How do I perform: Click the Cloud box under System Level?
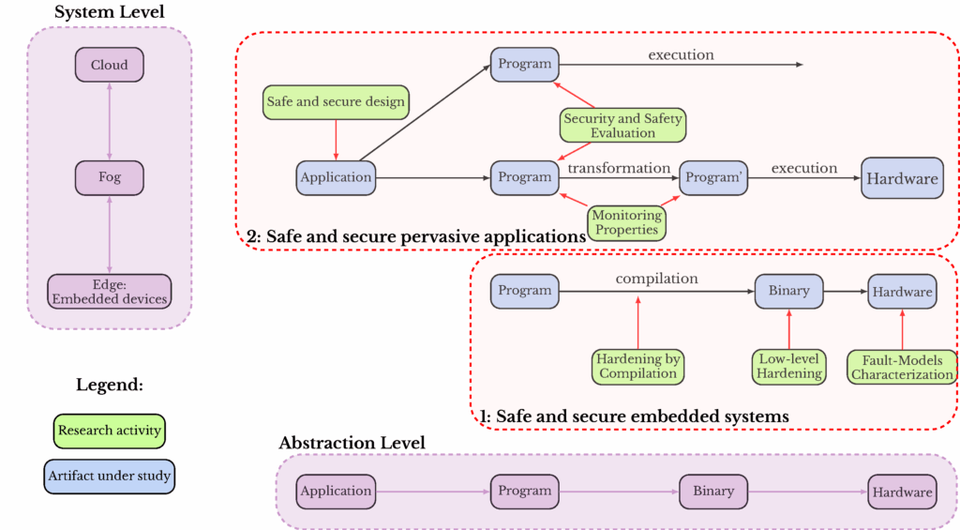pyautogui.click(x=110, y=65)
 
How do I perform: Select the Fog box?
pyautogui.click(x=110, y=177)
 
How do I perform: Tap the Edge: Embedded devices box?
pyautogui.click(x=110, y=292)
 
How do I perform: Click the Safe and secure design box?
pyautogui.click(x=336, y=101)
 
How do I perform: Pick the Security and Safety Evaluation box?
pyautogui.click(x=622, y=126)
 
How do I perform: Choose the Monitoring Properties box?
pyautogui.click(x=625, y=222)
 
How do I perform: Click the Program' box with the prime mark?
pyautogui.click(x=713, y=177)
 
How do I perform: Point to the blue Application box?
pyautogui.click(x=336, y=177)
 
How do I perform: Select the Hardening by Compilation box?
pyautogui.click(x=637, y=366)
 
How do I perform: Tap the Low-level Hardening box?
pyautogui.click(x=788, y=366)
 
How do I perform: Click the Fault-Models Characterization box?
pyautogui.click(x=901, y=367)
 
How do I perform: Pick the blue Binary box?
pyautogui.click(x=788, y=291)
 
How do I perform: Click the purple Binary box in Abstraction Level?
pyautogui.click(x=712, y=491)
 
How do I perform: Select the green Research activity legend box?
pyautogui.click(x=110, y=431)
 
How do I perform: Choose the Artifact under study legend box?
pyautogui.click(x=110, y=476)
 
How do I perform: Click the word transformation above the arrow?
pyautogui.click(x=619, y=168)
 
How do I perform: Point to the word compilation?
pyautogui.click(x=656, y=279)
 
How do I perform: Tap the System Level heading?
pyautogui.click(x=110, y=12)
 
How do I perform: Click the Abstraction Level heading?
pyautogui.click(x=352, y=443)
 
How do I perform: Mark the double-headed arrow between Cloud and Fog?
pyautogui.click(x=110, y=121)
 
